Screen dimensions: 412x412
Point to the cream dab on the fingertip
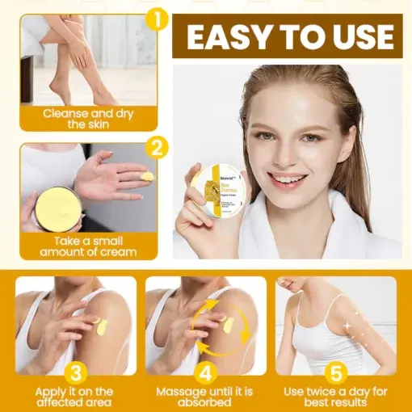(x=146, y=175)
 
